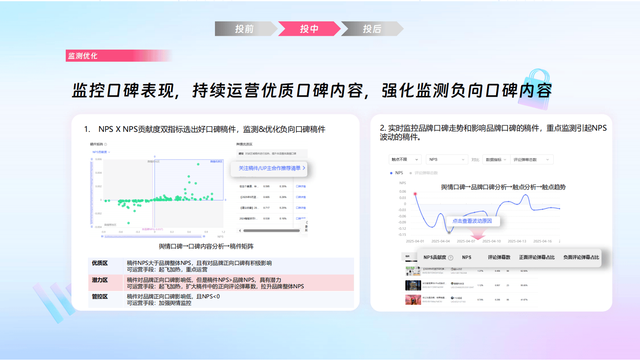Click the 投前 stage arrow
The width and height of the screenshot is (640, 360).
(244, 29)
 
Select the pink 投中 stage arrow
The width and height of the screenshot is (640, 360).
(309, 29)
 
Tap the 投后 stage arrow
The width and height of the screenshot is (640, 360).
(372, 29)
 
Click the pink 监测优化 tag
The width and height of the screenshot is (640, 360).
(83, 56)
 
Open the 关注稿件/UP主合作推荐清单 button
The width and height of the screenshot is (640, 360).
(269, 168)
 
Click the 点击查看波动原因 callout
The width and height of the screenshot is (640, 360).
(472, 221)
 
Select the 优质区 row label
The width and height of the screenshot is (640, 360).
(100, 263)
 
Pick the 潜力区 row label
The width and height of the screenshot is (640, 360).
(100, 280)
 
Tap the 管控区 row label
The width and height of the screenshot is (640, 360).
(100, 297)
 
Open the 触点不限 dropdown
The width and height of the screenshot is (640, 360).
(405, 160)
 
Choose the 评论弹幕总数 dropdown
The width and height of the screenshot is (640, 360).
(531, 160)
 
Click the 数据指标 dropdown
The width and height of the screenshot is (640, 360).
(496, 160)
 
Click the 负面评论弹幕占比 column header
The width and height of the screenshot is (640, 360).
(581, 257)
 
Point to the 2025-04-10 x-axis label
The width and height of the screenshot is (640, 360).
(491, 241)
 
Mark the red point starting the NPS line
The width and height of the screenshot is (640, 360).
(415, 194)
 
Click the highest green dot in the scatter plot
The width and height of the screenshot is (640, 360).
(198, 164)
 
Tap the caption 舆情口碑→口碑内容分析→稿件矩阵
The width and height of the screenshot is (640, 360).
(206, 246)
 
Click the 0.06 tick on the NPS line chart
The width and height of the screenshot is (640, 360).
(402, 191)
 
